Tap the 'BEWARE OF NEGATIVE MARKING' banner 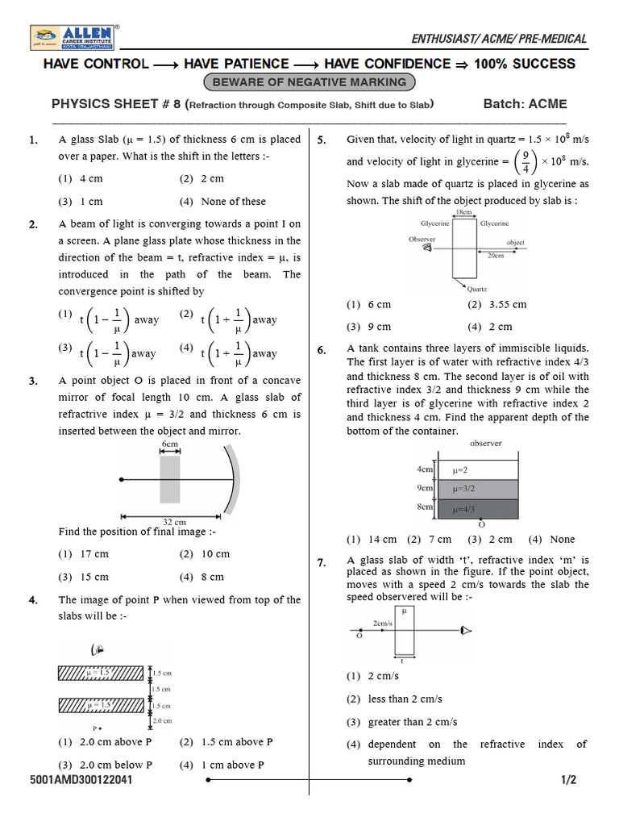point(309,82)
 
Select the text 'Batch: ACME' point(525,104)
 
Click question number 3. point(33,382)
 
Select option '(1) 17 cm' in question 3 point(83,554)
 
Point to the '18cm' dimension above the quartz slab point(463,212)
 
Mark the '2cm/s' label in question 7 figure point(383,624)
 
